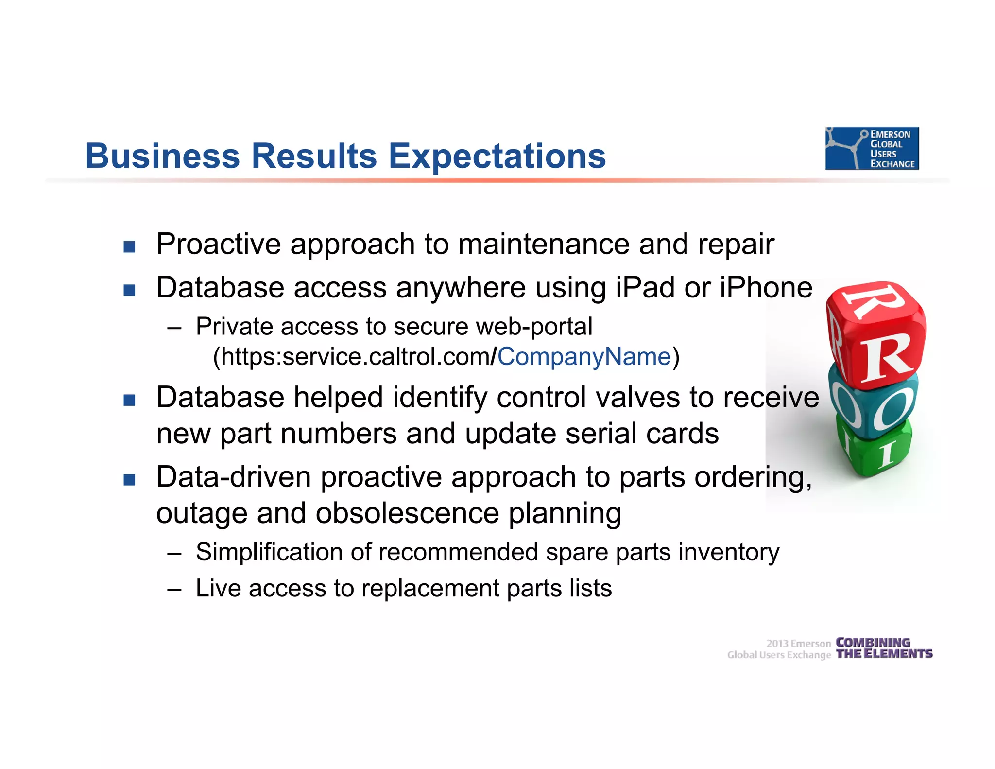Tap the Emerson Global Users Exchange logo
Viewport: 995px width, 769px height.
[x=872, y=148]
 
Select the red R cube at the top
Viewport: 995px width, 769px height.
[x=877, y=335]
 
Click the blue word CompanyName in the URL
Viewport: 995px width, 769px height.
[x=583, y=357]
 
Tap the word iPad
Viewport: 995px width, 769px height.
[x=645, y=287]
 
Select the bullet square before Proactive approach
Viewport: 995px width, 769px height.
[x=129, y=246]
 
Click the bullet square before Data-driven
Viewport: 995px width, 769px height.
[x=129, y=480]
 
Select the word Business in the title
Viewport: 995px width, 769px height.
[x=162, y=157]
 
